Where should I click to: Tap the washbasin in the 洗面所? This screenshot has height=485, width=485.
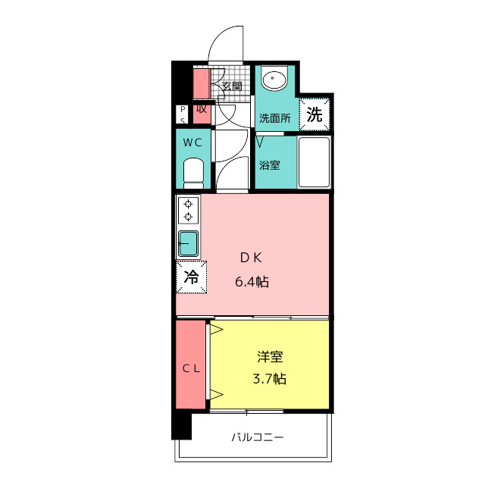[274, 79]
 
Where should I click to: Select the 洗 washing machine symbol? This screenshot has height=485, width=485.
[314, 114]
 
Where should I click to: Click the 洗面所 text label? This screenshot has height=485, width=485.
[274, 118]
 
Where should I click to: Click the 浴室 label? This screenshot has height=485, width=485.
[270, 164]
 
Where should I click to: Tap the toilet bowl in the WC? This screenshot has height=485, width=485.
[195, 174]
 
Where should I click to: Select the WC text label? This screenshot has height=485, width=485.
[192, 142]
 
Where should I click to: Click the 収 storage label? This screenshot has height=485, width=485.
[201, 108]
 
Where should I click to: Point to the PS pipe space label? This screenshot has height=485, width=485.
[183, 114]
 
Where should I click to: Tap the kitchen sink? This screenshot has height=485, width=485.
[188, 244]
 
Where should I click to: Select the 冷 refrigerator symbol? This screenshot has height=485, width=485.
[192, 277]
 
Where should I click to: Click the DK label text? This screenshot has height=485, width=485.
[251, 257]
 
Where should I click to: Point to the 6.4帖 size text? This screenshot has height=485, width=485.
[252, 282]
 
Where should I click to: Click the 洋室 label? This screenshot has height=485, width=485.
[270, 356]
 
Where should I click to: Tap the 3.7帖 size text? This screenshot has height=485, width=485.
[270, 379]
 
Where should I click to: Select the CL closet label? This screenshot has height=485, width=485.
[190, 368]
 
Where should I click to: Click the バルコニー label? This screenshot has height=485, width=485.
[257, 438]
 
